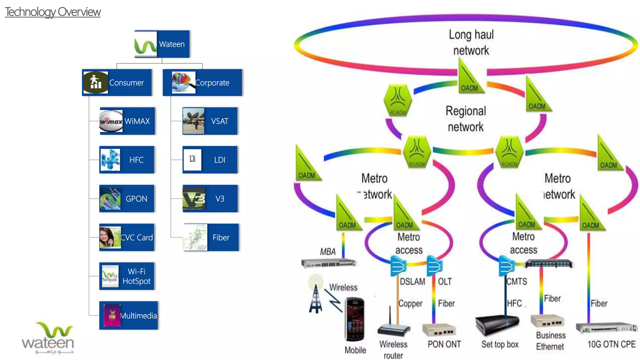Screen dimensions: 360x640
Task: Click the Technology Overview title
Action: [x=52, y=12]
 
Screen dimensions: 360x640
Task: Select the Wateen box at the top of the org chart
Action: [x=162, y=44]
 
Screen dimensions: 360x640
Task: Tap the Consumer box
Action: [x=117, y=82]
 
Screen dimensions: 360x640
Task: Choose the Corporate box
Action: [x=202, y=82]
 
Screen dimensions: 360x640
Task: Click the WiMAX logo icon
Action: [x=111, y=121]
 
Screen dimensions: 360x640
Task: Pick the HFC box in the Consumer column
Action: [x=127, y=160]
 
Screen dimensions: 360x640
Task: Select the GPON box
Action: [x=127, y=198]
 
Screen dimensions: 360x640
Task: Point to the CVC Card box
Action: [x=127, y=237]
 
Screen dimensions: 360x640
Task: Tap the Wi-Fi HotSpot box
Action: [x=127, y=276]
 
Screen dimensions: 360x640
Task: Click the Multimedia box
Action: [x=129, y=315]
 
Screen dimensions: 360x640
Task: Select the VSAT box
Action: [x=210, y=121]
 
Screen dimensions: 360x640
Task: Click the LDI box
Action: [x=210, y=160]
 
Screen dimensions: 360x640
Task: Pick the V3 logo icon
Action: [x=194, y=198]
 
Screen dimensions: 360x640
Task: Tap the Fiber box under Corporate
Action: [x=211, y=237]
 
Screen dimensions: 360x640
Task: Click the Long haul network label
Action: [x=471, y=42]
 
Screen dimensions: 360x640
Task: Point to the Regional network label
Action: [x=466, y=119]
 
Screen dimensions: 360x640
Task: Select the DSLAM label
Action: [x=412, y=282]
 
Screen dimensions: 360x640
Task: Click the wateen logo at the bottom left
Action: [x=48, y=338]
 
